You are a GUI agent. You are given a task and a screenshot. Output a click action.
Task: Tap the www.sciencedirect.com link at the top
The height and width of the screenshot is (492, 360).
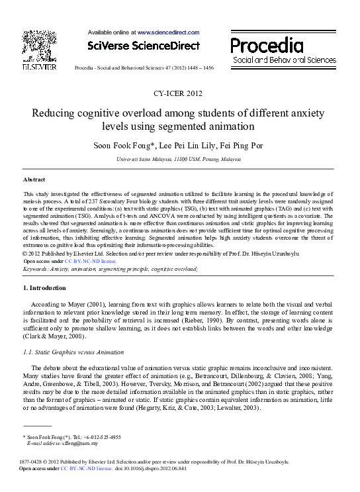point(168,32)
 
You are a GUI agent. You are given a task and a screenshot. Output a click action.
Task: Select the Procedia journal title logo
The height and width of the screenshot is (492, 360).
point(267,46)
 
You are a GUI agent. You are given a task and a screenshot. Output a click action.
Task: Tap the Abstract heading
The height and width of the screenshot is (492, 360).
point(34,179)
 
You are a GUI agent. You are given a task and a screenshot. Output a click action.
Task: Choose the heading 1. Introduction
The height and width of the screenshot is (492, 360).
point(45,288)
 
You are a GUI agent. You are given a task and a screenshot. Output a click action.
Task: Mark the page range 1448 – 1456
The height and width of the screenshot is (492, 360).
point(199,68)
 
